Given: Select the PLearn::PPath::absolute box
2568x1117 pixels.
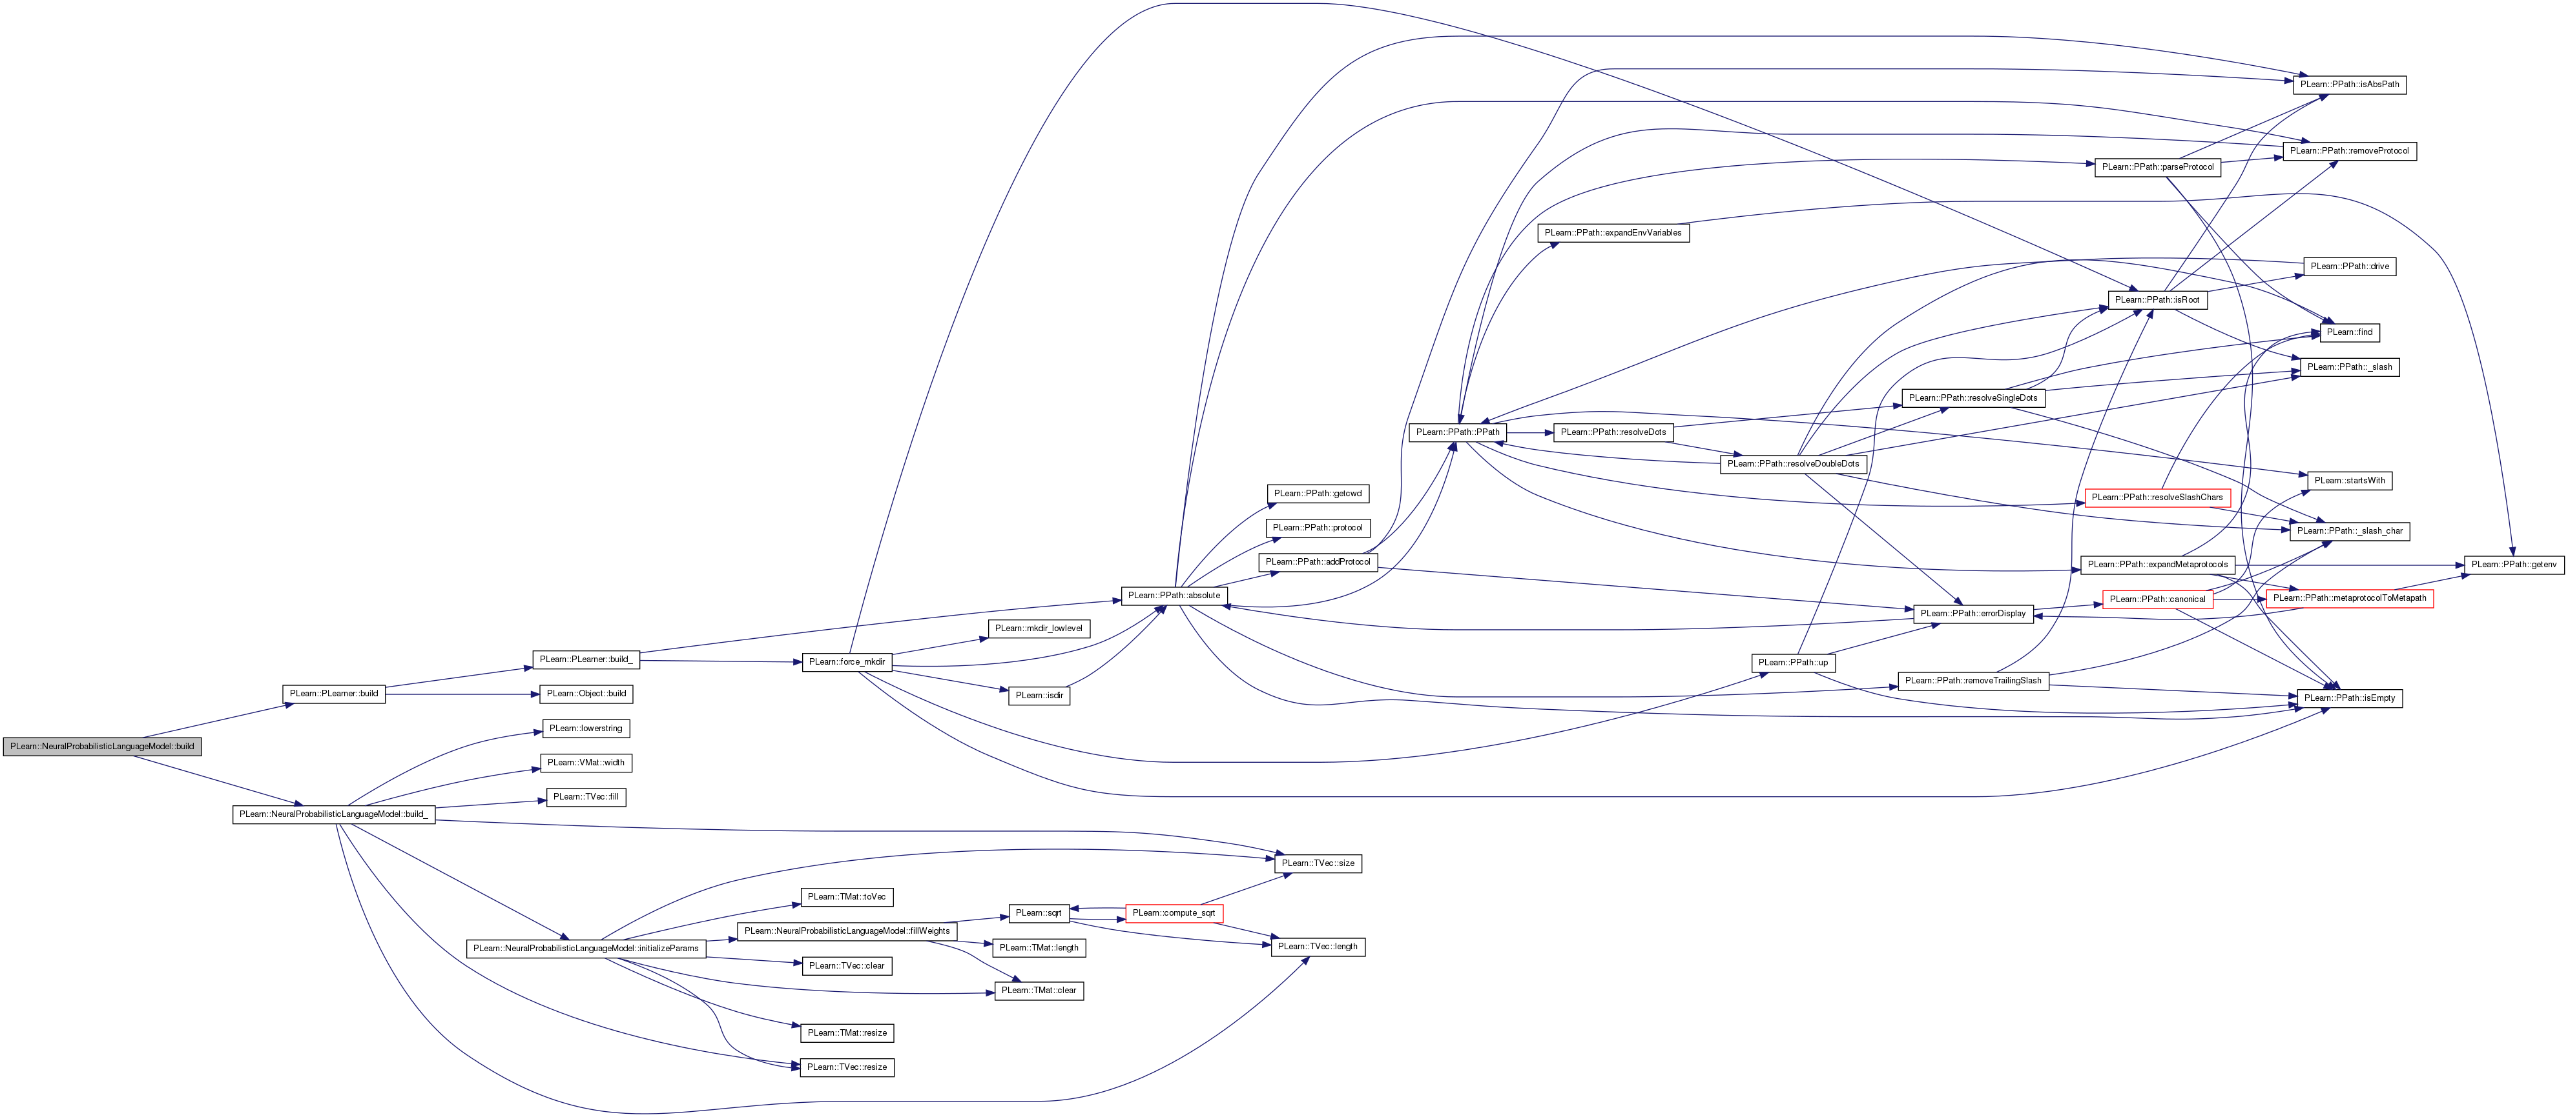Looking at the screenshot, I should [1174, 596].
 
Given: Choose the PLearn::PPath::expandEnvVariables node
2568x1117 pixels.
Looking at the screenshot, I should [1612, 233].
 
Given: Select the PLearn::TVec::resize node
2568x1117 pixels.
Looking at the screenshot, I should [846, 1067].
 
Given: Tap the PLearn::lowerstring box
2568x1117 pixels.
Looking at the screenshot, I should [585, 729].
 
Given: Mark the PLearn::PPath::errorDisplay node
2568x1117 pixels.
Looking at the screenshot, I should [1973, 614].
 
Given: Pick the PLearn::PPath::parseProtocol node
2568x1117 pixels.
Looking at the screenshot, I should [2157, 167].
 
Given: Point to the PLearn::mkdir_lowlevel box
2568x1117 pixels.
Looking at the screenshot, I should [1039, 629].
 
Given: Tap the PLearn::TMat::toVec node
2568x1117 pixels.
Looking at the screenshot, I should [846, 898].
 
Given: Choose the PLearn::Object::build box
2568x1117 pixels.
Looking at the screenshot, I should [586, 694].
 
